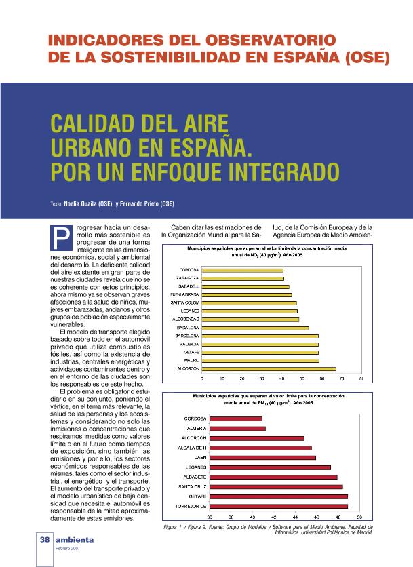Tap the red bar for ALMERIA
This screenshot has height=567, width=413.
tap(237, 428)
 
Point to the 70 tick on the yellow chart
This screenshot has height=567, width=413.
tap(342, 378)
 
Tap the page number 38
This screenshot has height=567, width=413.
tap(44, 539)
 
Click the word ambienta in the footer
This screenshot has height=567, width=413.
tap(75, 539)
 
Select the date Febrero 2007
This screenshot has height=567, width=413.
tap(68, 547)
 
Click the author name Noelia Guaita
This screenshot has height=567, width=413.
tap(88, 203)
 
